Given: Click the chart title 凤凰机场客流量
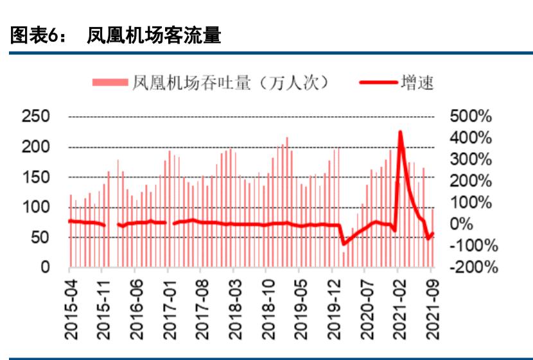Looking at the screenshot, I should coord(154,36).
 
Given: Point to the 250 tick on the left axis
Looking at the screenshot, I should coord(36,117).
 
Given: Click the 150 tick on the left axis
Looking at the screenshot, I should coord(36,177).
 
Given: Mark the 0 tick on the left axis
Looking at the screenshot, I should coord(46,267).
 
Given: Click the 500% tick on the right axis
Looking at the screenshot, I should coord(471,117).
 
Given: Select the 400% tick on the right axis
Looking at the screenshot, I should coord(471,138).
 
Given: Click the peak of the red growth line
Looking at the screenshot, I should coord(400,132).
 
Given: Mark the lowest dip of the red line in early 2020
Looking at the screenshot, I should coord(344,244).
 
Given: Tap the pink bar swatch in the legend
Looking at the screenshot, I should coord(110,82).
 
